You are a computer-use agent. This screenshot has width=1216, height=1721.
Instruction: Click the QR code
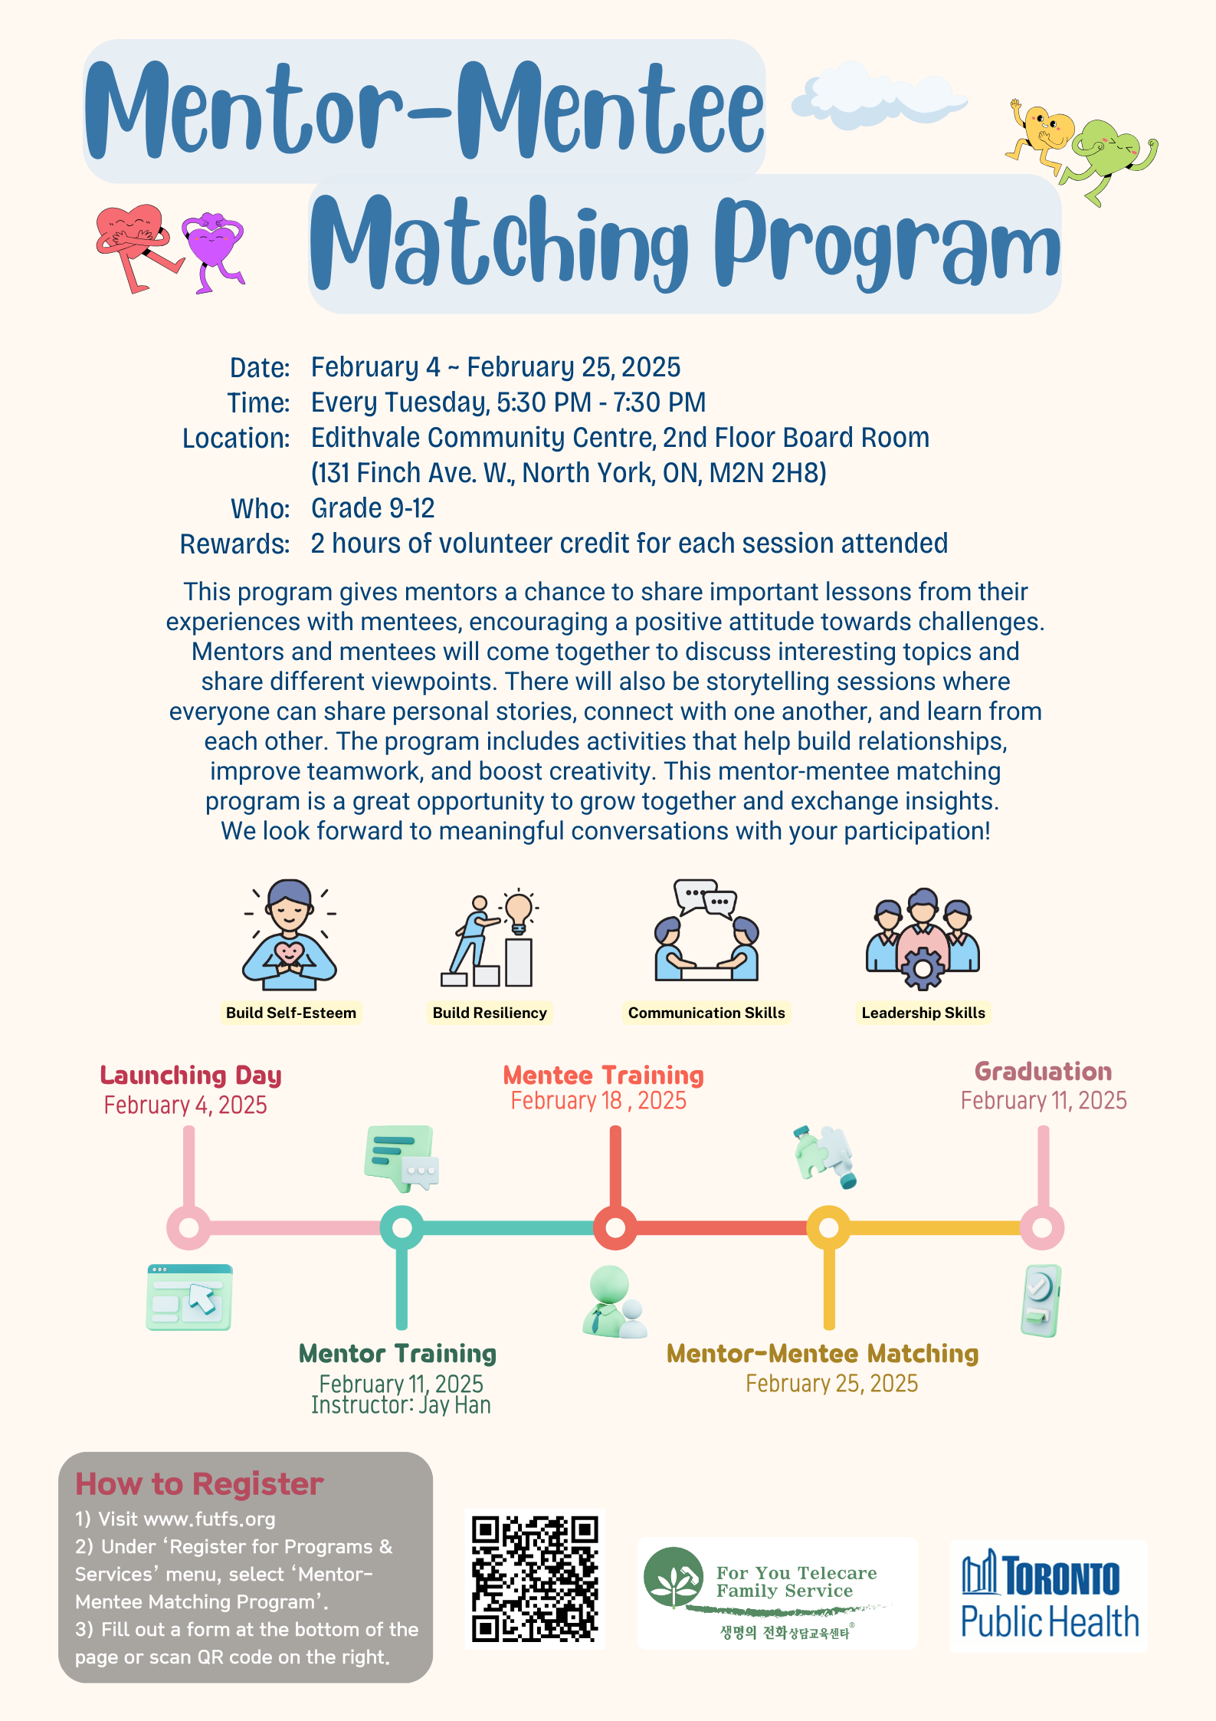tap(535, 1578)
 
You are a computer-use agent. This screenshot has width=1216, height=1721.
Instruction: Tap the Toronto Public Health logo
tap(1049, 1595)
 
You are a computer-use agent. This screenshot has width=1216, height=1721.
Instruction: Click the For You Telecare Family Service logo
tap(778, 1593)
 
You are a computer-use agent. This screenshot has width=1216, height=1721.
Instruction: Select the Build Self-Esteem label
tap(291, 1013)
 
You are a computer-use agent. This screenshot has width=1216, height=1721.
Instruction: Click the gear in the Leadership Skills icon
tap(923, 969)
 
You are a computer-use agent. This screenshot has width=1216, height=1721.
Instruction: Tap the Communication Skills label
tap(706, 1013)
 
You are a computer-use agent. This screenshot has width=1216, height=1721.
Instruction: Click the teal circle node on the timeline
tap(402, 1227)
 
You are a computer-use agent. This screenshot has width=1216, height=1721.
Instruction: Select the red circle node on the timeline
tap(615, 1227)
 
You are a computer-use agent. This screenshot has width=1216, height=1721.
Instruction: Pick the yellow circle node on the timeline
tap(828, 1227)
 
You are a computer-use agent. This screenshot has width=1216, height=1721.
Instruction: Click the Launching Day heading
tap(191, 1076)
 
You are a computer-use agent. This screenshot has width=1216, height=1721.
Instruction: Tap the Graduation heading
tap(1043, 1071)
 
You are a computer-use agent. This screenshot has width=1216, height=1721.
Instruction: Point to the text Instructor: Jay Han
tap(401, 1405)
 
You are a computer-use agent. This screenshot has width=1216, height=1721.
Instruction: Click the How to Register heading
tap(199, 1484)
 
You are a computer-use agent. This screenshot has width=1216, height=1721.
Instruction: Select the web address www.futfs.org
tap(209, 1519)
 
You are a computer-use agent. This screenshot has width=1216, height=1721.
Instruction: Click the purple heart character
tap(212, 250)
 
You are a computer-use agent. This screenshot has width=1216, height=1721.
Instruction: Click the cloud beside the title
tap(879, 96)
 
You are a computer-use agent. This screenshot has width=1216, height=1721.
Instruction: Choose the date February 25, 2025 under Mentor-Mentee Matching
tap(831, 1384)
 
